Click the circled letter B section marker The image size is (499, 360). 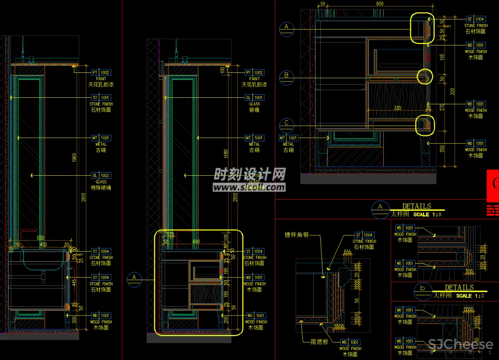click(x=286, y=76)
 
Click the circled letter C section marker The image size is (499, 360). click(x=286, y=123)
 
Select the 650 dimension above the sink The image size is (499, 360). click(x=40, y=238)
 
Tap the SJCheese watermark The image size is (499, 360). click(x=461, y=344)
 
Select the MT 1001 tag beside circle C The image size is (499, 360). click(x=288, y=138)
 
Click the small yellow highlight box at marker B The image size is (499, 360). click(x=425, y=76)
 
